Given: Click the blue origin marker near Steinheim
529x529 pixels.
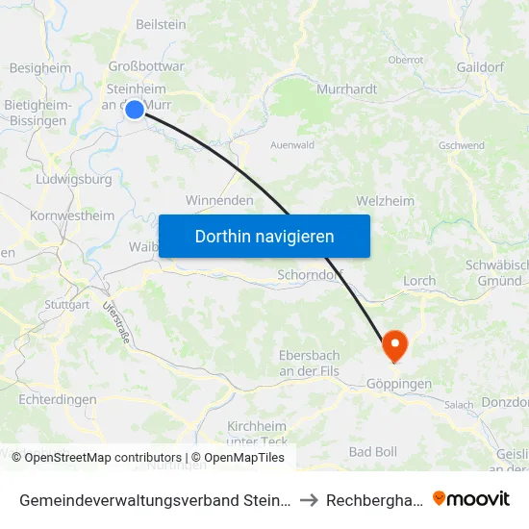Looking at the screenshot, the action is pos(135,110).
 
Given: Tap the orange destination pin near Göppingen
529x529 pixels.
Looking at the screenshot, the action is pos(394,345).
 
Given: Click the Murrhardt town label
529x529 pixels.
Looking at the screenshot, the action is pos(346,88).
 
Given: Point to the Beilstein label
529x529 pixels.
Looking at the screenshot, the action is pos(161,22).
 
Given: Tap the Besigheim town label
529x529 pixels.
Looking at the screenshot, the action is pos(39,68).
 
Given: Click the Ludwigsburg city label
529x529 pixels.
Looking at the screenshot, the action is pos(73,179).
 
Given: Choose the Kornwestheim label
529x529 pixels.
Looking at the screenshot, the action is pos(72,216).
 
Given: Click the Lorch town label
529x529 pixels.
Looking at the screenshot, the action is pos(419,281).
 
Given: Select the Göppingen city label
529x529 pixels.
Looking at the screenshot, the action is pos(399,384).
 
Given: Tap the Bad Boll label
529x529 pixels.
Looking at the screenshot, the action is pos(372,451).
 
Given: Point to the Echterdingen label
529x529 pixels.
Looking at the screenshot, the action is pos(57,399).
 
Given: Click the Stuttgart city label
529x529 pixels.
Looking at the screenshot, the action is pos(66,304).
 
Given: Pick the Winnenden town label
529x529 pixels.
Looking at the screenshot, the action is pos(219,201).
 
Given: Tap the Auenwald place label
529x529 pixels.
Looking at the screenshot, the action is pos(292,145).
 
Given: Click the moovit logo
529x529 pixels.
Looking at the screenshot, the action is pos(471,499).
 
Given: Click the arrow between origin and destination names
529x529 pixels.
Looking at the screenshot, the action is pos(308,500).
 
